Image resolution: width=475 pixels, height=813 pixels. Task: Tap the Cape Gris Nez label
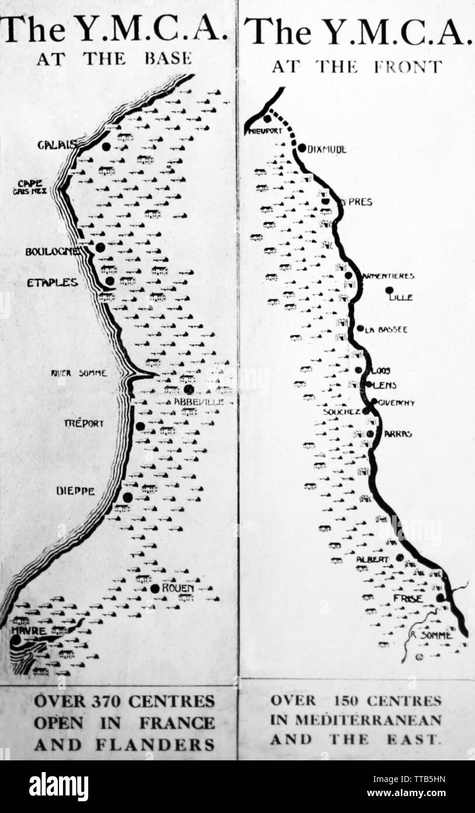coord(30,187)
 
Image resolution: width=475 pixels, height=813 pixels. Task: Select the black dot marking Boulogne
coord(100,247)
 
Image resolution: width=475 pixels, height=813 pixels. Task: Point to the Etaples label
coord(52,283)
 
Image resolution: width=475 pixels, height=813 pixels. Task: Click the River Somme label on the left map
coord(79,373)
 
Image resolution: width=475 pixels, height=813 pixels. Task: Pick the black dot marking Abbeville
coord(188,389)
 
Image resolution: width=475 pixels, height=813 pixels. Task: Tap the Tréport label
coord(85,423)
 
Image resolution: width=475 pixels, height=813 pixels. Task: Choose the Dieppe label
coord(75,491)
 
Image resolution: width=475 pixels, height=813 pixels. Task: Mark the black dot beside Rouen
coord(155,588)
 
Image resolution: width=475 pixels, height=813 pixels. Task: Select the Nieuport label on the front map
coord(264,131)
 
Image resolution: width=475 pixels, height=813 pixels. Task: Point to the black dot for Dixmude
coord(302,148)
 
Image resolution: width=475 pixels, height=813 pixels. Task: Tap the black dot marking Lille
coord(389,290)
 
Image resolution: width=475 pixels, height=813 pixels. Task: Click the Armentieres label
coord(388,275)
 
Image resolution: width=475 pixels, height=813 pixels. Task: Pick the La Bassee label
coord(386,330)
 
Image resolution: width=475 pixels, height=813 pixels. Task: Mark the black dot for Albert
coord(400,557)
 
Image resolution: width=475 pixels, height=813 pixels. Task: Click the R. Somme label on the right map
coord(431,635)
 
